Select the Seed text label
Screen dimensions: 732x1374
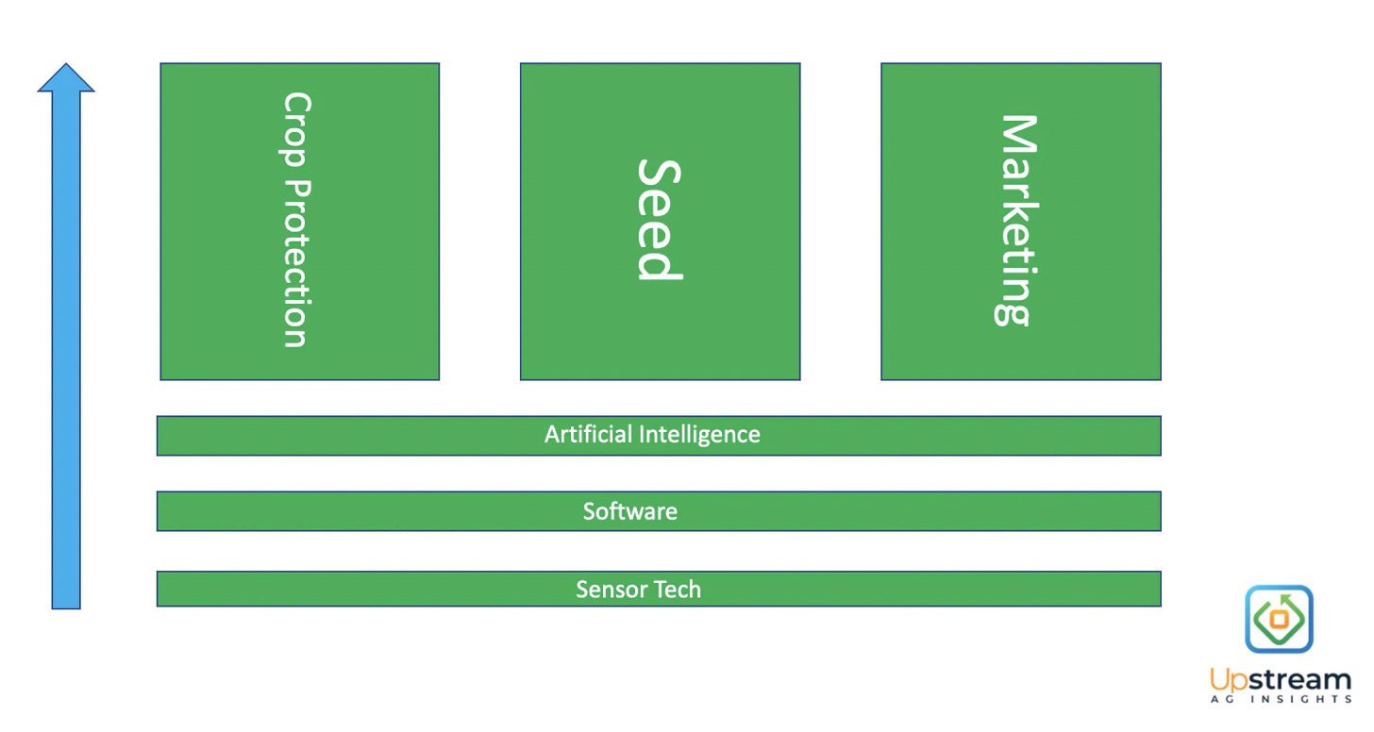658,220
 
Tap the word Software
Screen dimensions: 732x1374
629,512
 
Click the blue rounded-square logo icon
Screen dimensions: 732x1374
1279,619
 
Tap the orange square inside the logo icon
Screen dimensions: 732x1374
1279,620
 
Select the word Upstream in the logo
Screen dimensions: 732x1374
1281,680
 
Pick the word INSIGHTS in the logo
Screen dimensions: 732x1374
1302,700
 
